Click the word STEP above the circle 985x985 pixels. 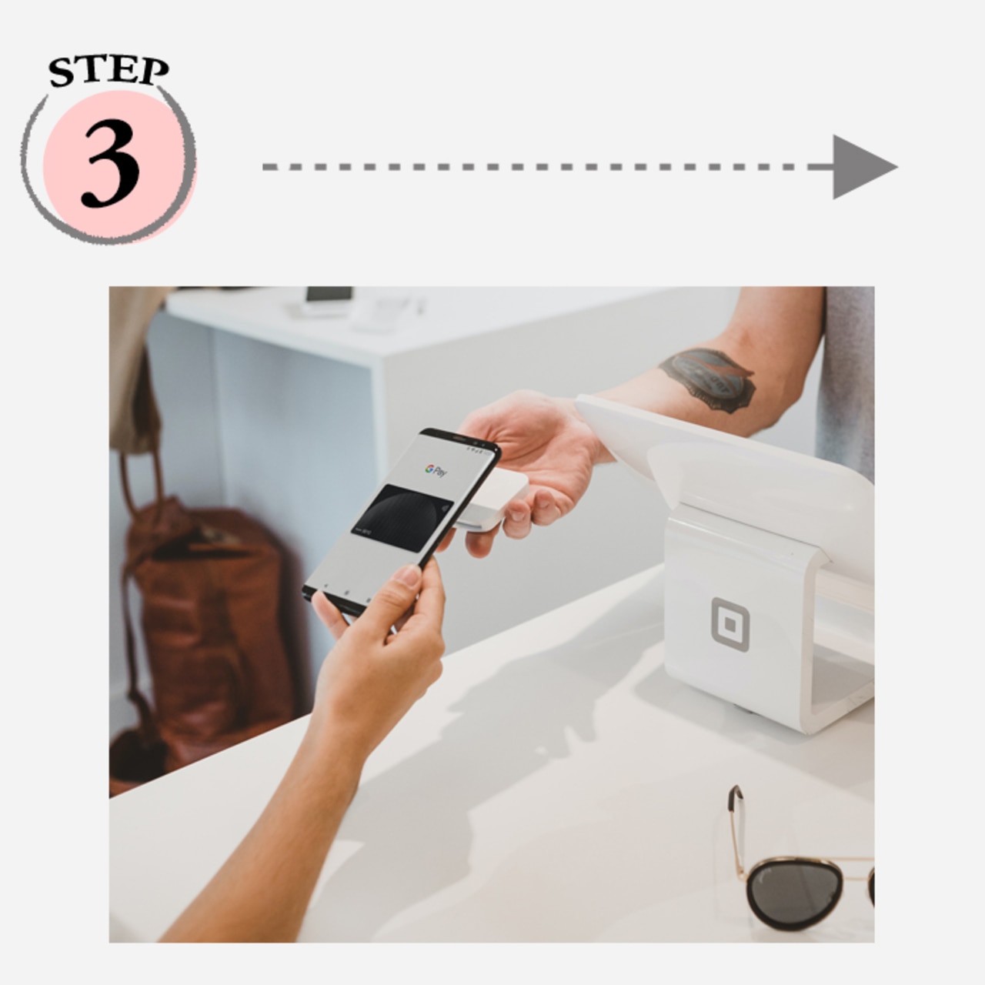tap(109, 71)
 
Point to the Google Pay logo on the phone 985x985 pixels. tap(436, 470)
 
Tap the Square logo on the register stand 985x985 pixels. tap(730, 624)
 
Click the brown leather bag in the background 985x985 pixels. tap(209, 629)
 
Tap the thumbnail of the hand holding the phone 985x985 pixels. tap(409, 576)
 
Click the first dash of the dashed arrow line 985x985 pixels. tap(270, 167)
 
